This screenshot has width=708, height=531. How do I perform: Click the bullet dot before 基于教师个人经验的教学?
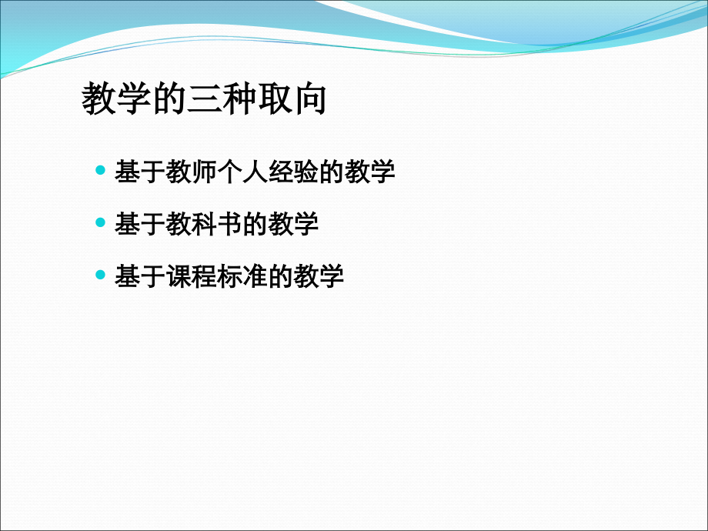pyautogui.click(x=100, y=170)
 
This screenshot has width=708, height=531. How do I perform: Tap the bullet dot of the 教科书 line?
pyautogui.click(x=100, y=222)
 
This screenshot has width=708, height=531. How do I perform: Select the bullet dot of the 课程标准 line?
pyautogui.click(x=100, y=274)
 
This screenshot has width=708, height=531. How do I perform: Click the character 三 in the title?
pyautogui.click(x=205, y=99)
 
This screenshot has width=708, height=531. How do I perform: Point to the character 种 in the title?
pyautogui.click(x=240, y=99)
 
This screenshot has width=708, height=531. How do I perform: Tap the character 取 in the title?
pyautogui.click(x=275, y=99)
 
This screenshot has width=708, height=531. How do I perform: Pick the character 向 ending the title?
pyautogui.click(x=310, y=99)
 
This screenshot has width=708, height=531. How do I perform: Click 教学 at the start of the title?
pyautogui.click(x=116, y=99)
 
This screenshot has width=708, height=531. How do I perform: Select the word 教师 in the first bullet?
pyautogui.click(x=191, y=172)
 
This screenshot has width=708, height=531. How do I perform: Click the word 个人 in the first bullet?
pyautogui.click(x=242, y=172)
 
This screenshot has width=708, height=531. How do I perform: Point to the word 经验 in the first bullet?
pyautogui.click(x=293, y=172)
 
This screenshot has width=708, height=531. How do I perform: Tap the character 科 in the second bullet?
pyautogui.click(x=204, y=223)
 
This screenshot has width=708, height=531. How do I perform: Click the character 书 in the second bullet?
pyautogui.click(x=229, y=223)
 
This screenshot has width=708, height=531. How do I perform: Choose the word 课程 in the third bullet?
pyautogui.click(x=191, y=276)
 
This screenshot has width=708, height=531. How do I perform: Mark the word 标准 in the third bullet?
pyautogui.click(x=242, y=276)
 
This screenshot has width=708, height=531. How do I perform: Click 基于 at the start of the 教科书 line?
pyautogui.click(x=140, y=223)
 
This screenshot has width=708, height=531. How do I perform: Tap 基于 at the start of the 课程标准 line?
pyautogui.click(x=140, y=276)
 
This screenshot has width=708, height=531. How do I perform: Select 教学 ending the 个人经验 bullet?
pyautogui.click(x=370, y=172)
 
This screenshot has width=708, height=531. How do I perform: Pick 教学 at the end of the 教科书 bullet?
pyautogui.click(x=293, y=223)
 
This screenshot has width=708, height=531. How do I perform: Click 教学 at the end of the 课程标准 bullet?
pyautogui.click(x=319, y=276)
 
